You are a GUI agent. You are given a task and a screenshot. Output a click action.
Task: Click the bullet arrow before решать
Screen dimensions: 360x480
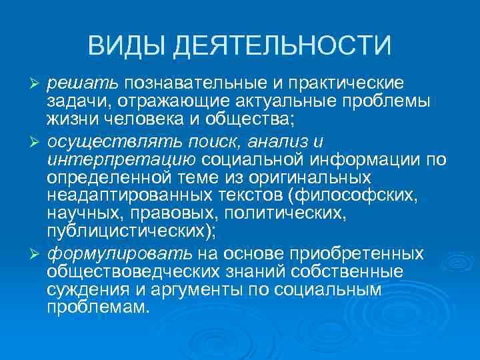click(39, 82)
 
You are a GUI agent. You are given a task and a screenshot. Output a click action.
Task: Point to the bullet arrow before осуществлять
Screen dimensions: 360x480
click(39, 140)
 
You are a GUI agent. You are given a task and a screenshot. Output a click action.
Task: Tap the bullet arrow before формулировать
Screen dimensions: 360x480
click(39, 255)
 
